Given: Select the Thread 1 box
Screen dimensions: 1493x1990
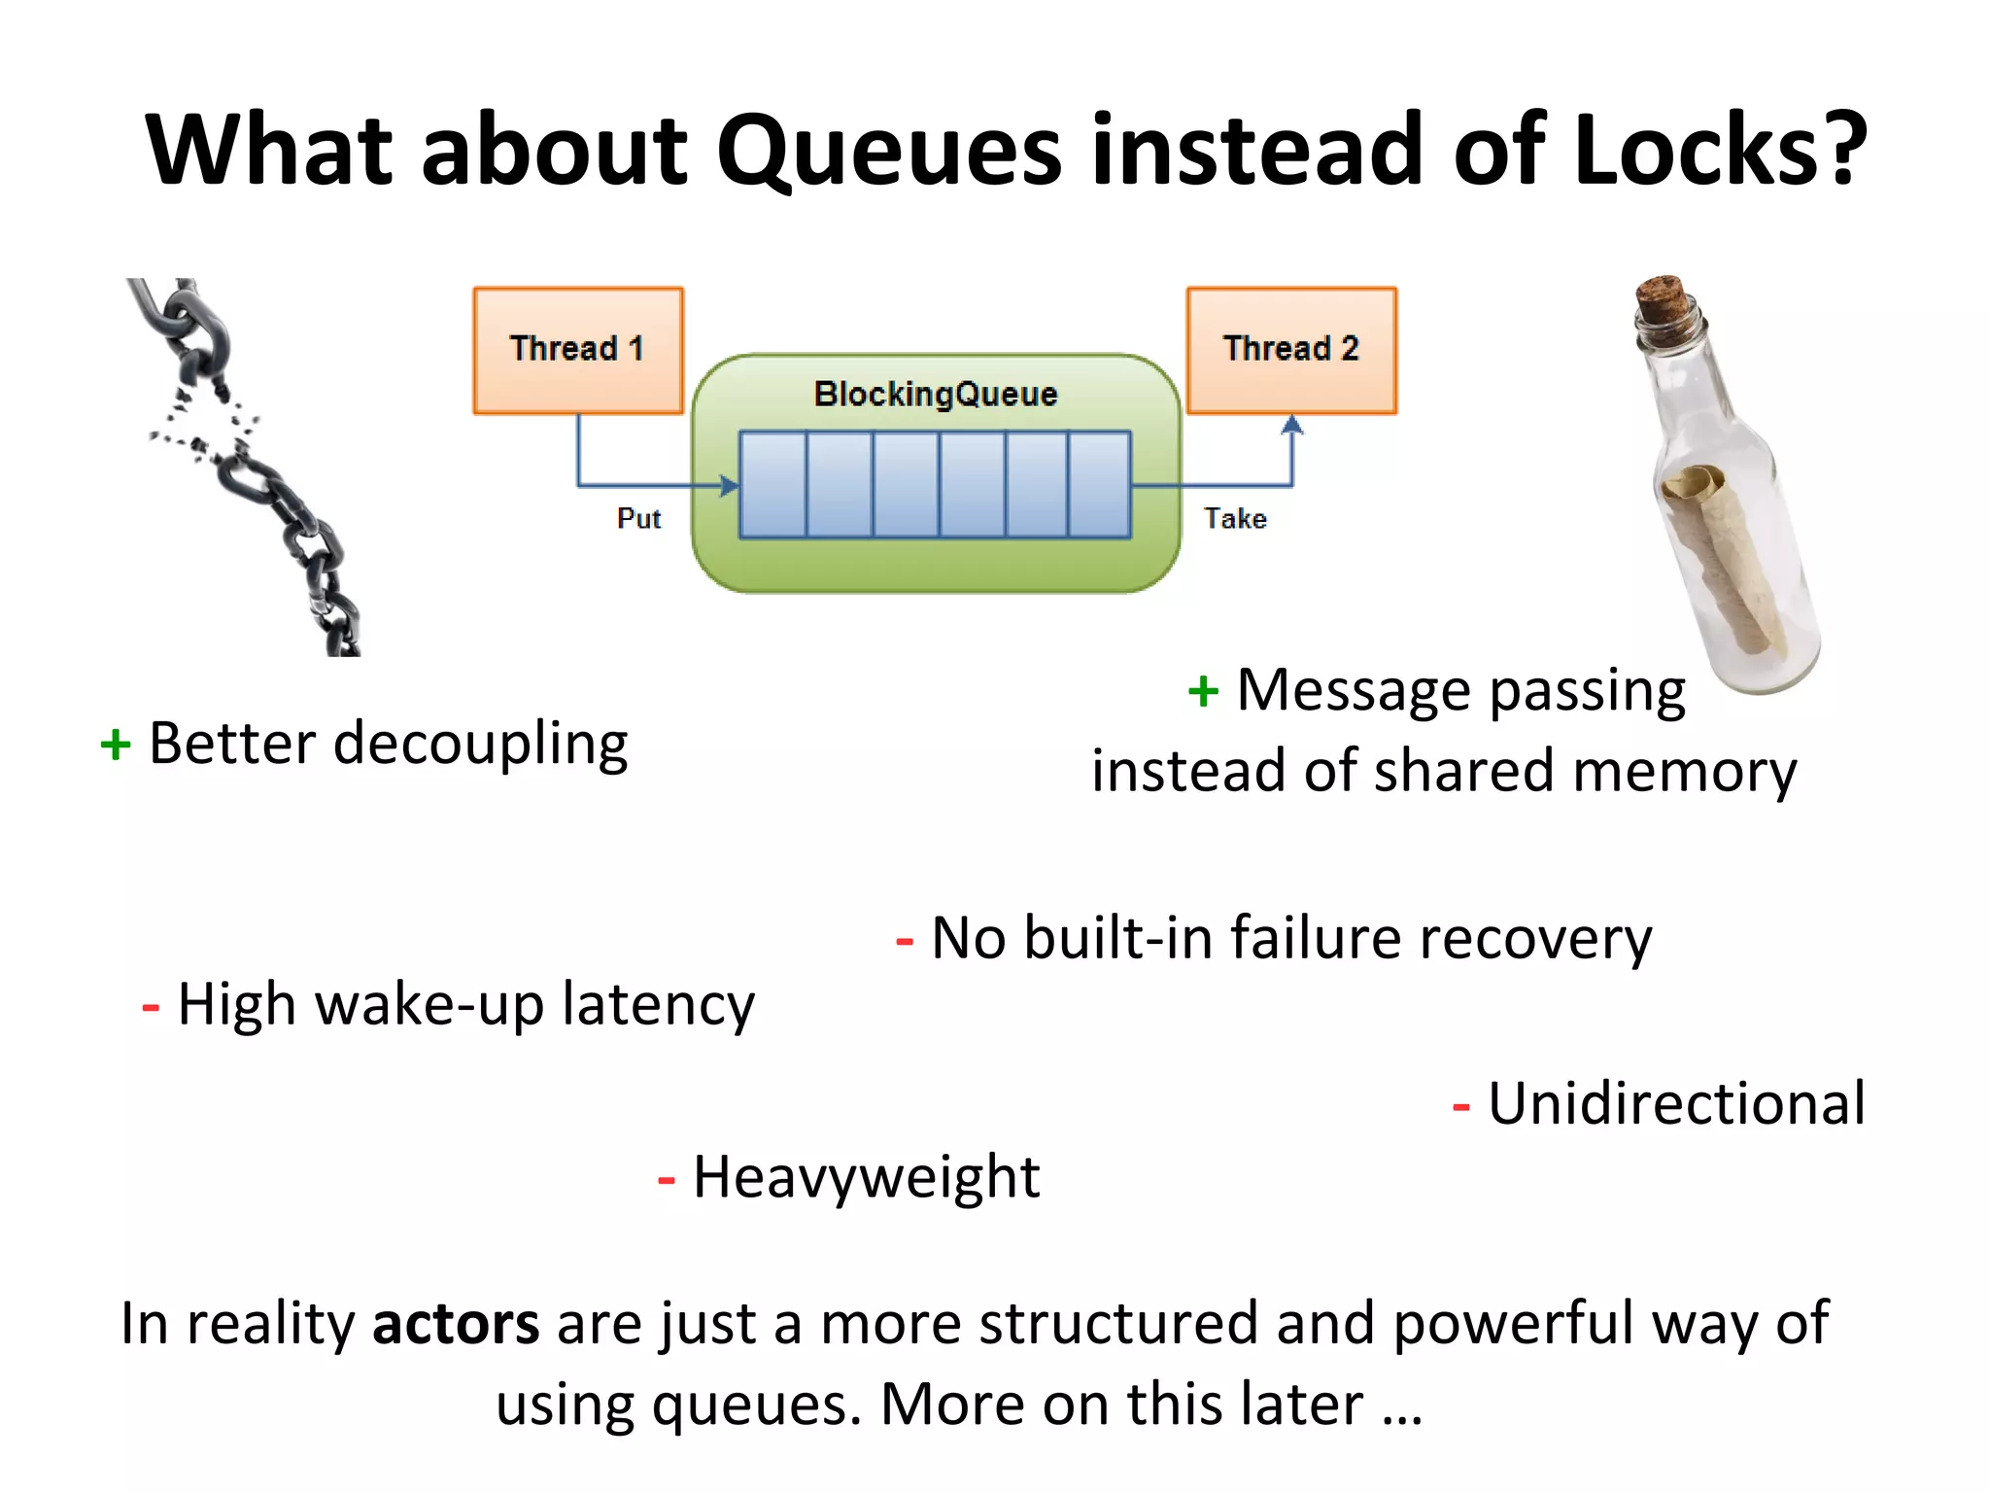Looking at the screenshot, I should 578,350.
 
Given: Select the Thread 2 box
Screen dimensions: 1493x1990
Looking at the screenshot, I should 1291,350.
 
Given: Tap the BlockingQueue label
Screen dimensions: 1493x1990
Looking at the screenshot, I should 936,395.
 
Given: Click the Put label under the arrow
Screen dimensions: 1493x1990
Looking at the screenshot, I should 638,519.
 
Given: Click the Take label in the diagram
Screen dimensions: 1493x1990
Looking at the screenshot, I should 1235,519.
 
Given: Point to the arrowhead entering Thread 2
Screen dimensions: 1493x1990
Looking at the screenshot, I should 1291,425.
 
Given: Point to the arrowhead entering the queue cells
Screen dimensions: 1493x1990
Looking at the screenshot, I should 728,485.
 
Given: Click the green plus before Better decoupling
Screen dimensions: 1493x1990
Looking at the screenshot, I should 116,746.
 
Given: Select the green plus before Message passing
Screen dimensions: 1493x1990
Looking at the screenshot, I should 1203,692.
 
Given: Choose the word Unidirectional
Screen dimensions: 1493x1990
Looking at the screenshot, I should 1676,1104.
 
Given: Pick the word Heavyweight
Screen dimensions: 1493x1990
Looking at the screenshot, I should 866,1178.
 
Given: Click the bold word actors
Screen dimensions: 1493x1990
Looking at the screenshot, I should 455,1324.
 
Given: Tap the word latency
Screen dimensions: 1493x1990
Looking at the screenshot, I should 658,1005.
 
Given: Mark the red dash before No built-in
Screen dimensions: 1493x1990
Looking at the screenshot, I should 905,941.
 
